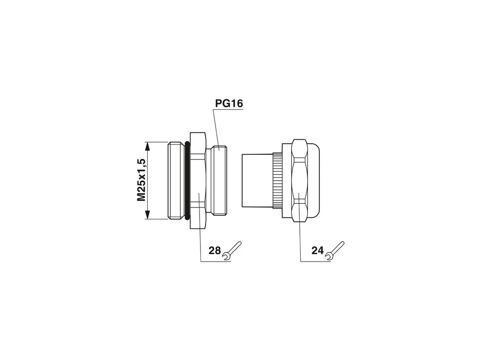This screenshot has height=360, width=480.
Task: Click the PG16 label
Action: click(x=229, y=104)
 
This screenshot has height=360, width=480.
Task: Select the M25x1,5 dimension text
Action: click(x=141, y=180)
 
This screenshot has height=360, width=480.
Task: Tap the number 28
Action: click(x=215, y=250)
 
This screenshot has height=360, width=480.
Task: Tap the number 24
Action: click(x=318, y=250)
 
